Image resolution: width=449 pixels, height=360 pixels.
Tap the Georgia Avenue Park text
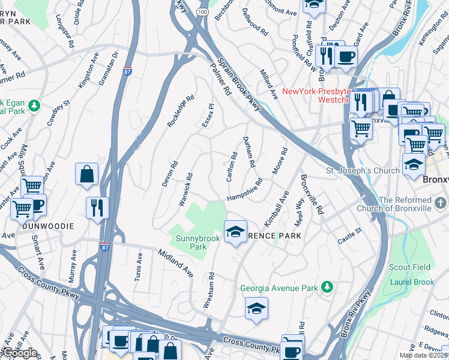pos(279,288)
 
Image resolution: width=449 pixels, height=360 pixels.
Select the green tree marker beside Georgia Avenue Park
pos(327,288)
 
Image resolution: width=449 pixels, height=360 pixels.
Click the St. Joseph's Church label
pos(363,170)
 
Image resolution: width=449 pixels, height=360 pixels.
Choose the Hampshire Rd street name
pos(244,189)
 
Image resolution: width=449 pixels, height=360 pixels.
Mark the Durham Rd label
pos(249,152)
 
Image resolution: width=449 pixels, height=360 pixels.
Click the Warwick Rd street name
pos(186,189)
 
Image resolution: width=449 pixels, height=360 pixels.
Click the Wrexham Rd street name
pos(209,290)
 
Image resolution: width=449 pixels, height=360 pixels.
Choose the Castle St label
pos(350,231)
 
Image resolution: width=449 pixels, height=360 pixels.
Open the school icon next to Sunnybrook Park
pos(236,231)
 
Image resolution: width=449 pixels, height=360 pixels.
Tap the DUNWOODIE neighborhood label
pos(47,226)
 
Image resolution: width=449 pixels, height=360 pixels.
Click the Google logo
pos(20,352)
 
